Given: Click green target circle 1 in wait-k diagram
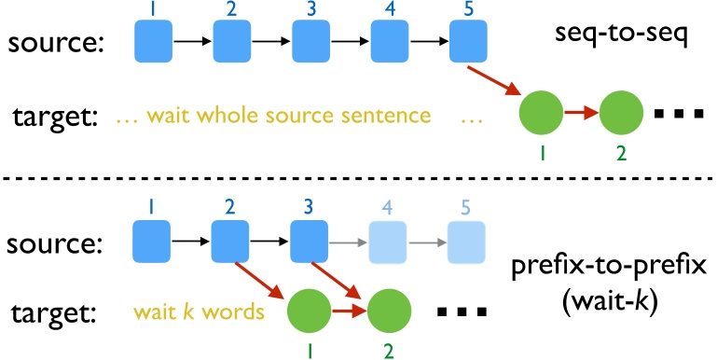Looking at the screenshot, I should tap(311, 312).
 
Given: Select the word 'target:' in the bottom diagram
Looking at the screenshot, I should tap(56, 313).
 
